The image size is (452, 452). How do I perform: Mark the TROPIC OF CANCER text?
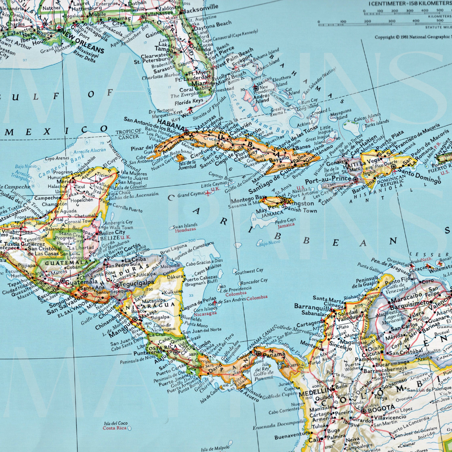(128, 134)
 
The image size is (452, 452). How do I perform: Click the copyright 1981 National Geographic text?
(412, 37)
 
